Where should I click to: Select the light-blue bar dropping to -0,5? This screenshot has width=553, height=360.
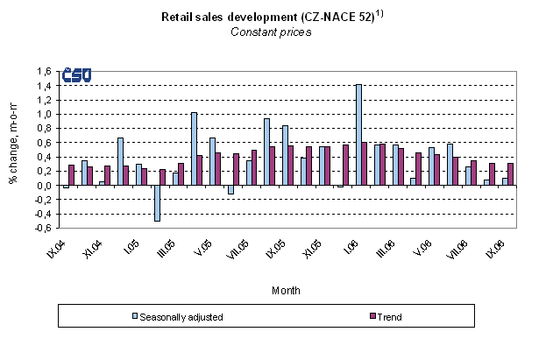157,203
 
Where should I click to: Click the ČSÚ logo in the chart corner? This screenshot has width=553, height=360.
76,77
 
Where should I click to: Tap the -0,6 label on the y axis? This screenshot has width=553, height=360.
42,229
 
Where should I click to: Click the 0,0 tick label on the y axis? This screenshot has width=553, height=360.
44,186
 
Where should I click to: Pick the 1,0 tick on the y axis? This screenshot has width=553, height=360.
44,114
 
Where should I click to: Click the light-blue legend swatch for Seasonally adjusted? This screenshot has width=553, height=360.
134,314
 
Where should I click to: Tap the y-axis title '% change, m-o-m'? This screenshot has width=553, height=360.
13,150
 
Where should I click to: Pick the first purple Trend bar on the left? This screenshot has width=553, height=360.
72,175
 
